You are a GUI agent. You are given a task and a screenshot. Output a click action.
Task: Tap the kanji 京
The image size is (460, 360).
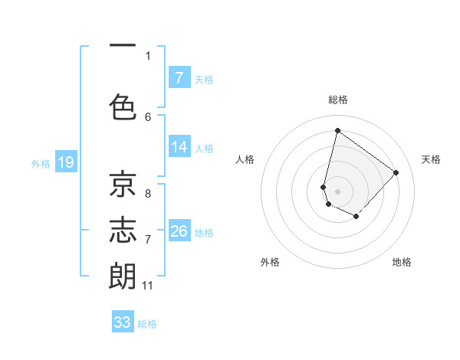tap(122, 185)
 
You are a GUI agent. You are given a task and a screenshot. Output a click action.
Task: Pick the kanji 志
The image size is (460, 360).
tap(122, 230)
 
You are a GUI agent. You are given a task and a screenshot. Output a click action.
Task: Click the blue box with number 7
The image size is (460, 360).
tap(179, 77)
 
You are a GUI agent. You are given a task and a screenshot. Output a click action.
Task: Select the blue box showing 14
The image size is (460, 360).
tap(179, 147)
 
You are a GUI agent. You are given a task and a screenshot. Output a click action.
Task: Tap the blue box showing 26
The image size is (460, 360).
tap(179, 231)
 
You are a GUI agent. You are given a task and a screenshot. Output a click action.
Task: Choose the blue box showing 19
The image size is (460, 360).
tap(65, 162)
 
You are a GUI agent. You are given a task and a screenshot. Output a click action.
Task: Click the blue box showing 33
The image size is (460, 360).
tap(123, 322)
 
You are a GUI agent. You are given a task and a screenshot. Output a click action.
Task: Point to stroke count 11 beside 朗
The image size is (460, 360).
tap(147, 286)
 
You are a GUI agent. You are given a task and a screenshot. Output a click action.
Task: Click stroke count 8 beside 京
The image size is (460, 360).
tap(148, 194)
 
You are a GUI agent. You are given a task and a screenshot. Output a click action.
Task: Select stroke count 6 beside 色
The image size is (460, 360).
tap(148, 116)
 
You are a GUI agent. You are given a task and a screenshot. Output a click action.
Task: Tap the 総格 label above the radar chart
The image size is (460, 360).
tap(338, 100)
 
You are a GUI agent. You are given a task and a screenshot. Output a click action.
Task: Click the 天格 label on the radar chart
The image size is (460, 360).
tap(431, 159)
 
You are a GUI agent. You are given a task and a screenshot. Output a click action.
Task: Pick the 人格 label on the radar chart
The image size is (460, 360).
tap(245, 159)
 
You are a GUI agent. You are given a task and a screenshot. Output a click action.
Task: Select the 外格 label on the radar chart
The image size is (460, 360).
tap(270, 262)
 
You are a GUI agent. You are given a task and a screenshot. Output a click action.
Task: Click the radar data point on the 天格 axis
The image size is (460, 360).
tap(396, 172)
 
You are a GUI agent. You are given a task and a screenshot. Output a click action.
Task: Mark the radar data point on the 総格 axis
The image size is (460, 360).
tap(337, 130)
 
